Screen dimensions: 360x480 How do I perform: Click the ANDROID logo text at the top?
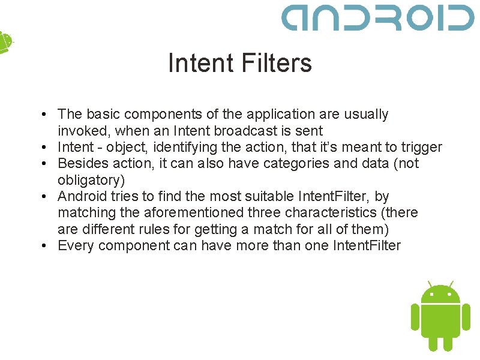[x=377, y=18]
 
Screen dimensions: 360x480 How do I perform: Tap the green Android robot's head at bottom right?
[x=440, y=294]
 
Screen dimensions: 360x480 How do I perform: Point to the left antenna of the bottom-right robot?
[x=430, y=284]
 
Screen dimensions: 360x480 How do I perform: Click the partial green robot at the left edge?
[x=5, y=42]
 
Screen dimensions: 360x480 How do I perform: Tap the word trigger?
[x=423, y=147]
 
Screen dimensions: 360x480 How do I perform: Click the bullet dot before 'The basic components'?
[x=46, y=115]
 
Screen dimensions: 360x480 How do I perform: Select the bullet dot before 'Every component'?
[x=46, y=246]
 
